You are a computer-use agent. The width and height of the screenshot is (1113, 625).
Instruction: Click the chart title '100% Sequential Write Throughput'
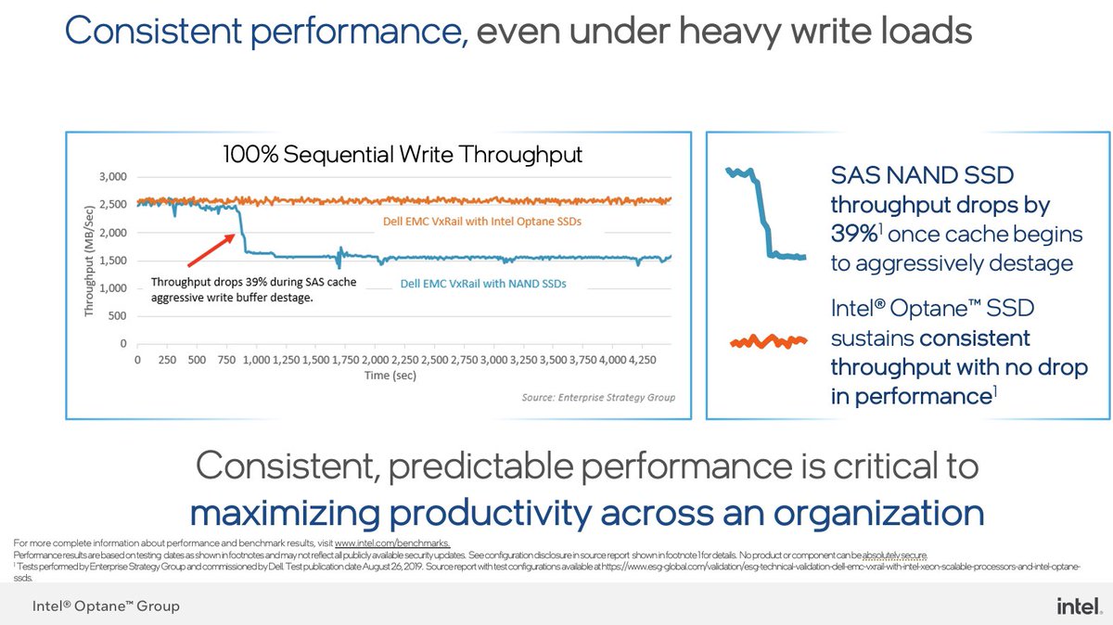coord(402,154)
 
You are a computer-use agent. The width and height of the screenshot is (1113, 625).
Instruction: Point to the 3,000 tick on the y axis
coord(120,176)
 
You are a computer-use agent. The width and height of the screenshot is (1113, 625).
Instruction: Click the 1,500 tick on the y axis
coord(120,261)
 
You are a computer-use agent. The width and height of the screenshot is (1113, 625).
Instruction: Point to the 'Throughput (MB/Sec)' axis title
coord(90,260)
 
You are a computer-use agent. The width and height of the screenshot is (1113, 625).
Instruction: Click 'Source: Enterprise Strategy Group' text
coord(598,398)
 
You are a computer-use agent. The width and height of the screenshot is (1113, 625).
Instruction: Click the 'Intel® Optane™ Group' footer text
coord(107,606)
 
